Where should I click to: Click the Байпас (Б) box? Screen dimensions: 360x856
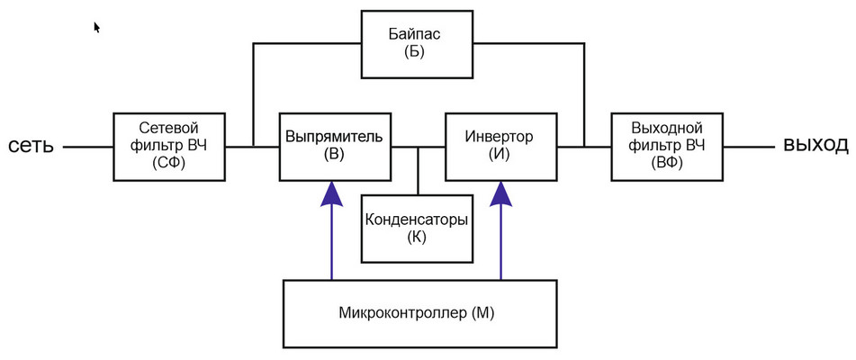coord(415,43)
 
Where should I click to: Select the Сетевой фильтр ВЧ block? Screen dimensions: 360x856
coord(168,145)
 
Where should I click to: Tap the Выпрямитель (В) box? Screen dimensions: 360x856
coord(334,145)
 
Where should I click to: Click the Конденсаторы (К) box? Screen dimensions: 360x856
coord(416,229)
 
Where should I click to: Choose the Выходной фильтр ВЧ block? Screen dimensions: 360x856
coord(667,145)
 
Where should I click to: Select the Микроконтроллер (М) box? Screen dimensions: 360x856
coord(417,312)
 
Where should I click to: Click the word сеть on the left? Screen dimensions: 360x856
coord(32,146)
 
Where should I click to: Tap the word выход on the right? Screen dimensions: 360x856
coord(814,145)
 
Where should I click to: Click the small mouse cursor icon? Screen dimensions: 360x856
coord(96,27)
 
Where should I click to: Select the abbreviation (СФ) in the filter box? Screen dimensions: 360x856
coord(168,162)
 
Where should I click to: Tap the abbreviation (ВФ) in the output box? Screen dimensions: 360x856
coord(667,162)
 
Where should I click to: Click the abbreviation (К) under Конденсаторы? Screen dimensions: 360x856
coord(416,238)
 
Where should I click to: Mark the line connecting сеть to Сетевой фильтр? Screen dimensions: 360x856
coord(88,146)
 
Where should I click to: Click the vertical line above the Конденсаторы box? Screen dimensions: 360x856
coord(418,170)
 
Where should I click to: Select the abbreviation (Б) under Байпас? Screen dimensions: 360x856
coord(415,52)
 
